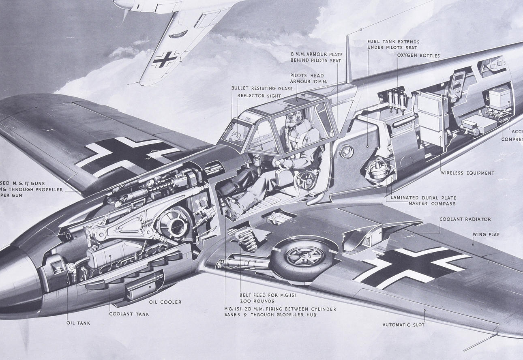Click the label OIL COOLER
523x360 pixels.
[x=165, y=302]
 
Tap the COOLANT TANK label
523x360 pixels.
[x=129, y=314]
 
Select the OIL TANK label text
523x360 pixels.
[x=78, y=323]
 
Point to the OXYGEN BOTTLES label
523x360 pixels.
[x=418, y=56]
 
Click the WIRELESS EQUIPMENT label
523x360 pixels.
[x=467, y=173]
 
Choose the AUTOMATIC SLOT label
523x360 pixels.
[x=403, y=325]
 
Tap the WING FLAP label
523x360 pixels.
[x=486, y=234]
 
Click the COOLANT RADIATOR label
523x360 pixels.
[x=465, y=219]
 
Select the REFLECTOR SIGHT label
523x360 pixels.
[x=259, y=96]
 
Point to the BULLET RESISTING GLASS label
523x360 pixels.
[x=261, y=88]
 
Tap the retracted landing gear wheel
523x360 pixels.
[x=302, y=257]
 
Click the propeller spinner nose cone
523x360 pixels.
[x=18, y=280]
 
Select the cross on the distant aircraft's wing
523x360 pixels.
[x=165, y=59]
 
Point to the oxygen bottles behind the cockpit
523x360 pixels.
[x=397, y=99]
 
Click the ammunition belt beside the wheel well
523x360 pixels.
[x=244, y=238]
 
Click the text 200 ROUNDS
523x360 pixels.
[x=257, y=301]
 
